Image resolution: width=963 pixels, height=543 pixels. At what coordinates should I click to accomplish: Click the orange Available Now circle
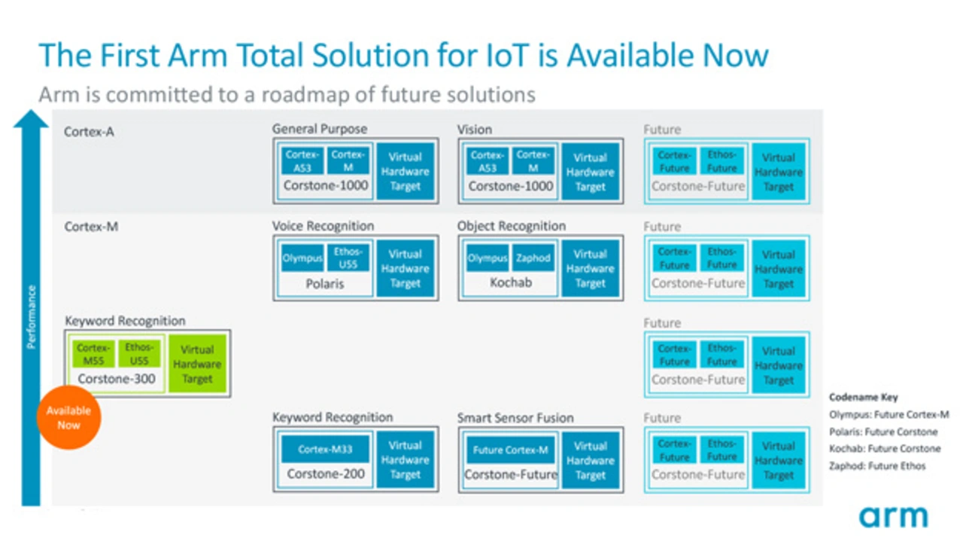point(68,418)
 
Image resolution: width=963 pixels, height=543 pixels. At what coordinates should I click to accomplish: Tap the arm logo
point(894,517)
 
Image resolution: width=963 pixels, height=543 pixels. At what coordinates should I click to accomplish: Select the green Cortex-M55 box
point(93,353)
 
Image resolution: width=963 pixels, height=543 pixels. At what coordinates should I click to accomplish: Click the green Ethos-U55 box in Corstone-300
point(140,353)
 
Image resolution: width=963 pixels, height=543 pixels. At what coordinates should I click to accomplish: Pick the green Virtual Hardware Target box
point(197,365)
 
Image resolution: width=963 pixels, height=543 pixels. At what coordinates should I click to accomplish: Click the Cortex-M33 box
point(325,450)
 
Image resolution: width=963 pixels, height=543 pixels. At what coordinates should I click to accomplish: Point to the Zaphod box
point(533,258)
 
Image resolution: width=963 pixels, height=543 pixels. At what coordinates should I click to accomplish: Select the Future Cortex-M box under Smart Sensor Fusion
point(510,450)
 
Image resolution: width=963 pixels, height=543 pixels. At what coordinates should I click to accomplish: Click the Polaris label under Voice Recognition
point(325,285)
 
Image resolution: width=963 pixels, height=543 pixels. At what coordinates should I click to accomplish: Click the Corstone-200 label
point(325,474)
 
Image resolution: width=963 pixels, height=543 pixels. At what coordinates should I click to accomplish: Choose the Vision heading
point(475,130)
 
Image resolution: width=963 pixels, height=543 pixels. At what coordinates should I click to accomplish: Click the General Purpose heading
point(320,130)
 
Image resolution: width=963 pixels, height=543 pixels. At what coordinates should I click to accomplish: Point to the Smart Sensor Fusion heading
point(515,418)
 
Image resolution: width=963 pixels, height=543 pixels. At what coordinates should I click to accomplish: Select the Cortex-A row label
point(89,131)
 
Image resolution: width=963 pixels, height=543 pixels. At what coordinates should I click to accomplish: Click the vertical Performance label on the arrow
point(31,316)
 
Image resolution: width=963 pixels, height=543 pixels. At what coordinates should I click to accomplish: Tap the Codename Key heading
point(863,397)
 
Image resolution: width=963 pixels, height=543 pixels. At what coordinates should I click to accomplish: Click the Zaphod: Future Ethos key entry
point(877,466)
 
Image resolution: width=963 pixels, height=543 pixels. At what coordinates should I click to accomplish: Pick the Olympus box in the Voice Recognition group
point(302,258)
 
